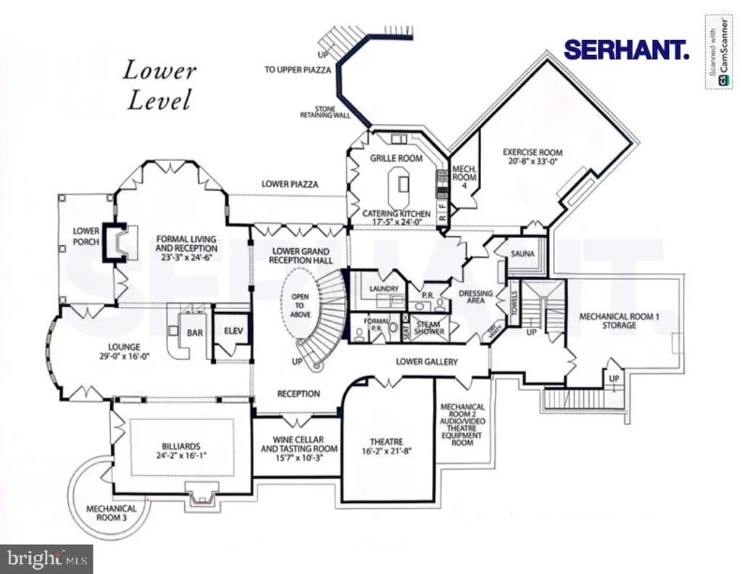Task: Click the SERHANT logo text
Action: point(626,49)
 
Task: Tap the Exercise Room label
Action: point(533,152)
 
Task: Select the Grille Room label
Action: point(396,158)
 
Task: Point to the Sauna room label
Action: point(522,254)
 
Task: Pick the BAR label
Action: point(195,334)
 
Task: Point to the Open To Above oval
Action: point(300,305)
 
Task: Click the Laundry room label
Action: point(384,289)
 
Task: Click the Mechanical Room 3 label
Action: point(112,514)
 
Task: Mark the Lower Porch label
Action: point(86,237)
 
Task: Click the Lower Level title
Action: point(159,86)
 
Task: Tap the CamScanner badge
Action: point(717,52)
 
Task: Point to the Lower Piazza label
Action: point(290,184)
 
